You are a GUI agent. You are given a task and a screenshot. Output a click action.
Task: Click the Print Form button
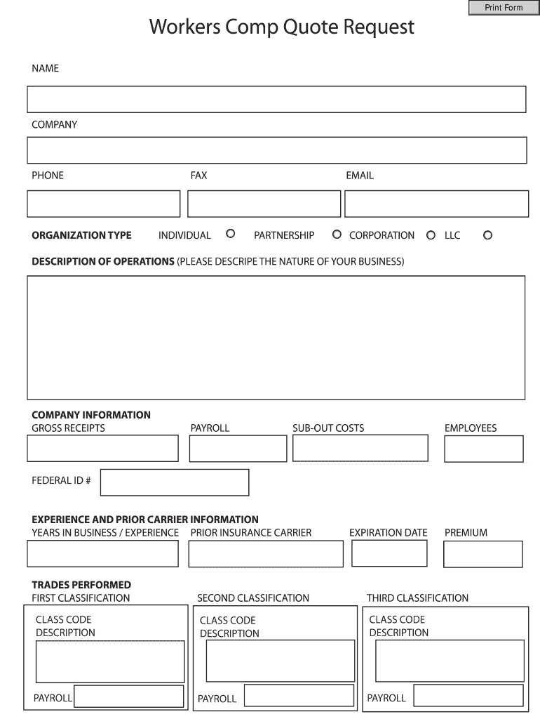(504, 8)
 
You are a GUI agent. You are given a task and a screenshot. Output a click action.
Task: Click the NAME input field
(276, 99)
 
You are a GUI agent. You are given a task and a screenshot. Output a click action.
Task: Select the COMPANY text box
(276, 150)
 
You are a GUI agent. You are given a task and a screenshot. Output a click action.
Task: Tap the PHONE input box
(104, 204)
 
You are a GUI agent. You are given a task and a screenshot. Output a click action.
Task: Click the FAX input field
(264, 204)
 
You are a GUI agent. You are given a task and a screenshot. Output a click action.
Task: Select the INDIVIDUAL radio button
(230, 234)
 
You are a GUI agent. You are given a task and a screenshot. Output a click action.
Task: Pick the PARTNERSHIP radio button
(337, 234)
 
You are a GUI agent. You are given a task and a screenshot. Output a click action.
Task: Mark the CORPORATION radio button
(431, 235)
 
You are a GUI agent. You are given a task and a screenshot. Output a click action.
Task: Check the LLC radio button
(487, 235)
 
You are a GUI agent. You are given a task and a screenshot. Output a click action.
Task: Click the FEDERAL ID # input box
(175, 482)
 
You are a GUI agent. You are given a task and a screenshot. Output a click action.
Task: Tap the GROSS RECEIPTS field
(102, 448)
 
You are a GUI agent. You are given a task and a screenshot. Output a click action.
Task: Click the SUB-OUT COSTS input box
(360, 447)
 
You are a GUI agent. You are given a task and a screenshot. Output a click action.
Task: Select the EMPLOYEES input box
(483, 449)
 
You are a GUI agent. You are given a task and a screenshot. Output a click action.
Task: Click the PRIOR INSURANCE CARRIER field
(266, 553)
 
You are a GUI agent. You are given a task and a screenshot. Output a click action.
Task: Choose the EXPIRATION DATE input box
(389, 553)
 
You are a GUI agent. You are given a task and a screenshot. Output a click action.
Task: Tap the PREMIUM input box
(483, 554)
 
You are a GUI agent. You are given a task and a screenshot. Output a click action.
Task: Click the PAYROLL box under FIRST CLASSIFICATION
(129, 697)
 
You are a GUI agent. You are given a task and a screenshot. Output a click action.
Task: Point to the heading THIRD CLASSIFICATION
(417, 598)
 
